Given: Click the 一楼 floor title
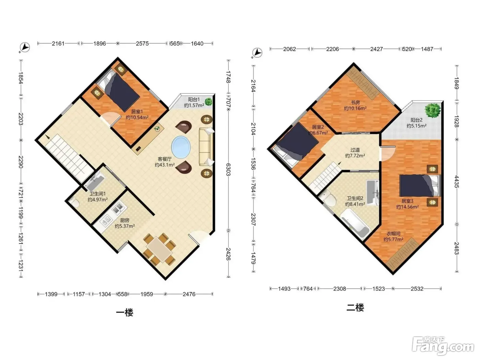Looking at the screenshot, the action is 125,313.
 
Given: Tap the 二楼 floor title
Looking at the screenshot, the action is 355,308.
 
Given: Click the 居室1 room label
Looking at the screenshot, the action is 137,112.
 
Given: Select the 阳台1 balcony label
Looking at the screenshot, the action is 194,100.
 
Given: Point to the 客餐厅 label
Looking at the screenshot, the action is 165,159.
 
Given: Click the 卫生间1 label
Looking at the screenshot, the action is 97,194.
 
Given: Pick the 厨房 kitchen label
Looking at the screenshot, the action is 125,220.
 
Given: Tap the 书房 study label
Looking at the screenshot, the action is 355,102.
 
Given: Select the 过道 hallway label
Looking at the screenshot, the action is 355,150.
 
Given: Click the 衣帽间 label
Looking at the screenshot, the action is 393,233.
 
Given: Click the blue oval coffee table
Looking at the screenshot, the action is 181,147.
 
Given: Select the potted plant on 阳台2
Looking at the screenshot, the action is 432,110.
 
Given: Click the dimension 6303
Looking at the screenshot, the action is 228,169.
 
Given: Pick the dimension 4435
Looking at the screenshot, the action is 457,182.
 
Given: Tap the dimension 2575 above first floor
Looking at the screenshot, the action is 142,44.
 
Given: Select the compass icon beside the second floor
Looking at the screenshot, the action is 257,53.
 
